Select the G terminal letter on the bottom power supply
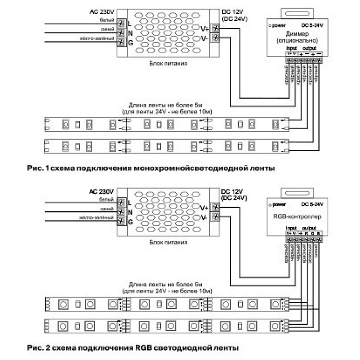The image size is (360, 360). (x=130, y=222)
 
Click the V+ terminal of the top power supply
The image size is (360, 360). (x=215, y=28)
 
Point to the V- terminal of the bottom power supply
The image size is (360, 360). (x=215, y=217)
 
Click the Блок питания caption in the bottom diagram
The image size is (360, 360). (x=168, y=242)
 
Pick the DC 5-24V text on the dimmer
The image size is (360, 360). (x=312, y=25)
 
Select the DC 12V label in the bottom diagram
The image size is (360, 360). (x=233, y=191)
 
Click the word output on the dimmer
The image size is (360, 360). (x=309, y=48)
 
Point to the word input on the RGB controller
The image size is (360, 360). (x=291, y=228)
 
